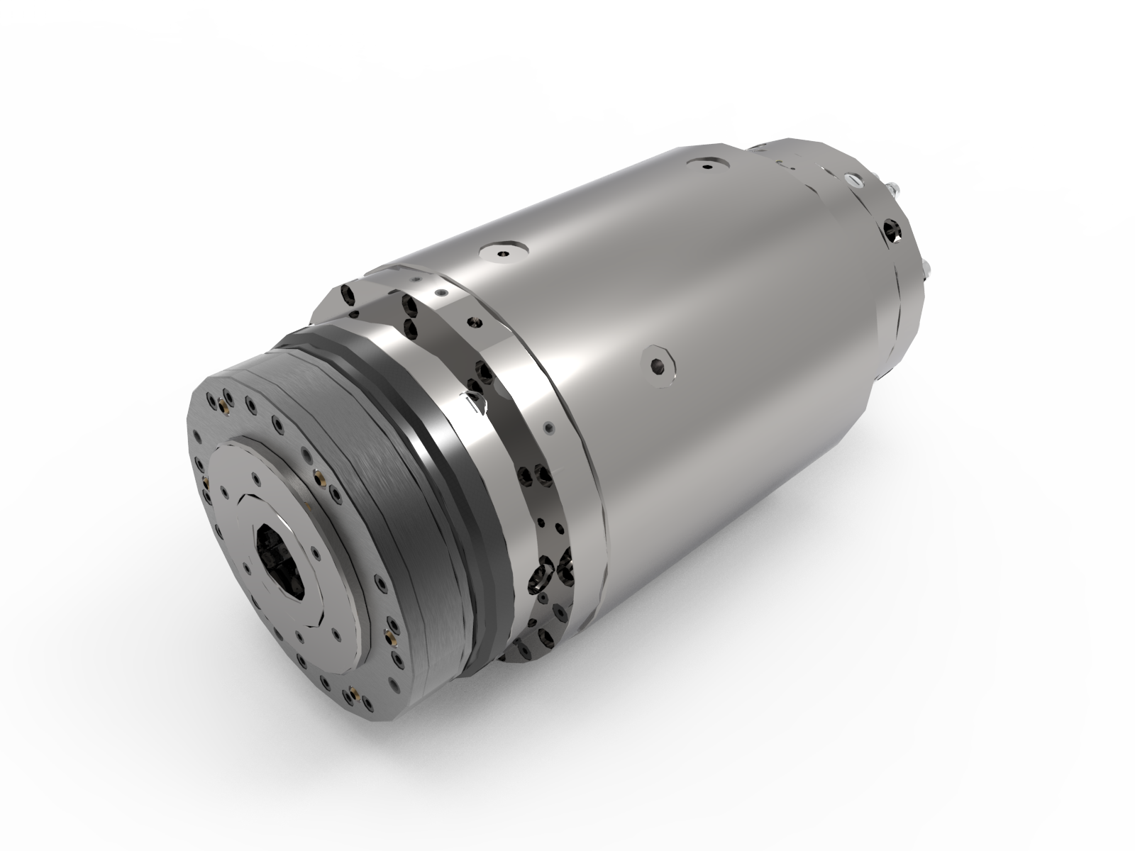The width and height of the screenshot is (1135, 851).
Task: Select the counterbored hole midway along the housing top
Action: (x=503, y=252)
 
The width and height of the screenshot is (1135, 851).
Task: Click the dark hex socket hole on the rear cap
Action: (x=892, y=230)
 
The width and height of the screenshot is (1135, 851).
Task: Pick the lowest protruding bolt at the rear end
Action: (x=926, y=269)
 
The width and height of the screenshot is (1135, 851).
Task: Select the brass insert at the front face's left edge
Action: (x=206, y=482)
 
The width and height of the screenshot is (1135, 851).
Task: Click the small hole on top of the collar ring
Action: (x=441, y=292)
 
